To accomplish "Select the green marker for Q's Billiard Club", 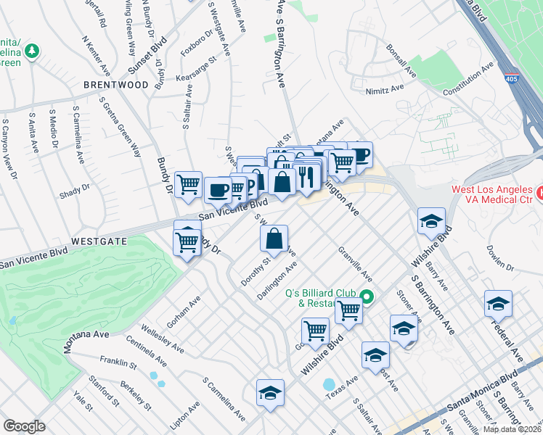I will click(x=367, y=297).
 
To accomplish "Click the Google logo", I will click(x=24, y=426).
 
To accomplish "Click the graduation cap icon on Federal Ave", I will click(x=498, y=303).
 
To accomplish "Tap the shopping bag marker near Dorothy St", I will click(x=274, y=238).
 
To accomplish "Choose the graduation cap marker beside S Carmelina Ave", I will click(x=270, y=393).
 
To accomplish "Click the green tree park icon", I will click(x=31, y=51).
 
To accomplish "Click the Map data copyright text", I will click(x=512, y=429).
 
